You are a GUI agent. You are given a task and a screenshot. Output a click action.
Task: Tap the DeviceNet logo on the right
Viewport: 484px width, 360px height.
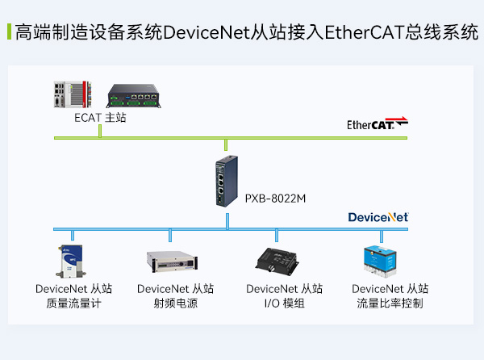(378, 217)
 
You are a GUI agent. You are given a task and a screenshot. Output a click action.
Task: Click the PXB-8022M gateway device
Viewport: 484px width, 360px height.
(225, 182)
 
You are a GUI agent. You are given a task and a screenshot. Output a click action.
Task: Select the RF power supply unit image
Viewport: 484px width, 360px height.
(172, 262)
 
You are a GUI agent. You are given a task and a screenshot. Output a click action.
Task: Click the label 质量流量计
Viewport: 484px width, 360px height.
(74, 303)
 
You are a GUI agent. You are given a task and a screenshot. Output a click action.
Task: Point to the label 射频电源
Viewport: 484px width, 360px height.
(176, 303)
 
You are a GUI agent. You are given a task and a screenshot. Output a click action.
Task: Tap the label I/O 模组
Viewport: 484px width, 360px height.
(285, 303)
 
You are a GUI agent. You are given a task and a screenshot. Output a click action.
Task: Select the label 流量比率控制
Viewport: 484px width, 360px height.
(390, 303)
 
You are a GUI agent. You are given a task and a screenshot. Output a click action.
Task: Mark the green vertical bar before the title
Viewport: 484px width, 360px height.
(8, 33)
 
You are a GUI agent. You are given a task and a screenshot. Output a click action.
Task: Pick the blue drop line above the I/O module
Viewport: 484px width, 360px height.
(277, 235)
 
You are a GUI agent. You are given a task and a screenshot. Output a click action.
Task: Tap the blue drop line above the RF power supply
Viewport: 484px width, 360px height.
(170, 235)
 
